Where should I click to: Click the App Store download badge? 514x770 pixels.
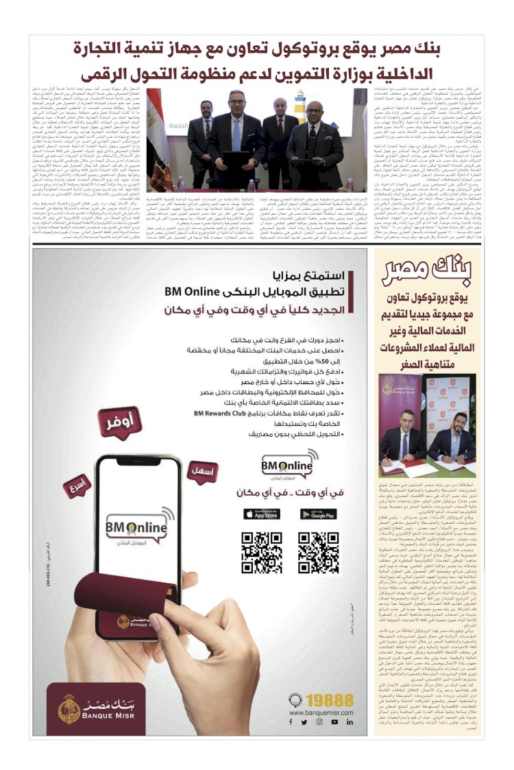260,514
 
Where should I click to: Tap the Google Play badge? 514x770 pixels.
318,514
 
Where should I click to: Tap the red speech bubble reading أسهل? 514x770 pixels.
202,472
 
